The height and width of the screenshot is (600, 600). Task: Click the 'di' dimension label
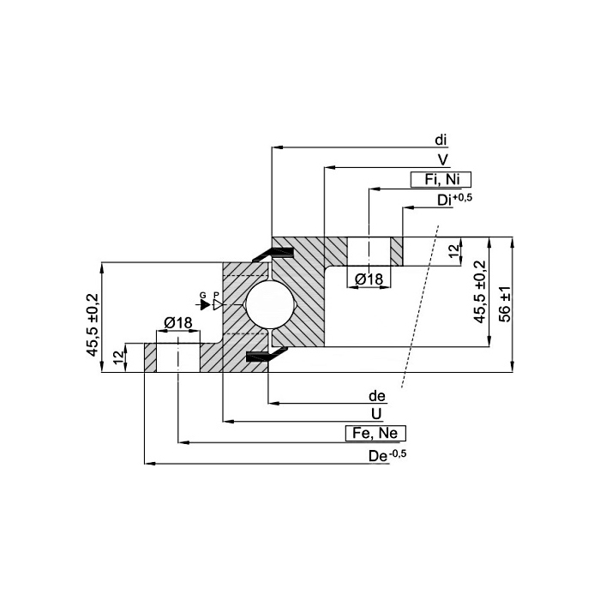(x=441, y=141)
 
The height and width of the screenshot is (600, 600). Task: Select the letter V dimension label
(x=443, y=160)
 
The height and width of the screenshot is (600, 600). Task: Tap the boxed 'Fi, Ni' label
(x=441, y=179)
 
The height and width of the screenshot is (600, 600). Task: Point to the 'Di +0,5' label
(x=454, y=200)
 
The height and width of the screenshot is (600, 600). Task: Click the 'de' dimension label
(x=377, y=396)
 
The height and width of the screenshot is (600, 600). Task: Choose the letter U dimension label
(x=376, y=414)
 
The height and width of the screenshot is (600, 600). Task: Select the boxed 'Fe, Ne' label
(x=375, y=433)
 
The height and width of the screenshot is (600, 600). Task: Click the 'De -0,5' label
(x=387, y=455)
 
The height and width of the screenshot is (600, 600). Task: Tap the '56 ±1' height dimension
(x=505, y=304)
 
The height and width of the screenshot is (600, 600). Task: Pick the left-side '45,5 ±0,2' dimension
(x=93, y=325)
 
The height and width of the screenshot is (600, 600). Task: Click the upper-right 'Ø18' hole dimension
(x=369, y=279)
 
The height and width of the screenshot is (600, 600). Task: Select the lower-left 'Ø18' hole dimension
(x=178, y=323)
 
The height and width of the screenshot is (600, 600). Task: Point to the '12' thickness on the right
(x=453, y=250)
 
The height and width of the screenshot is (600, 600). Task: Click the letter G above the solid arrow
(x=203, y=295)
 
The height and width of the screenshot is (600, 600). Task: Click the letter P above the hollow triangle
(x=216, y=295)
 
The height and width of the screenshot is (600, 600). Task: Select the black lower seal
(x=266, y=355)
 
